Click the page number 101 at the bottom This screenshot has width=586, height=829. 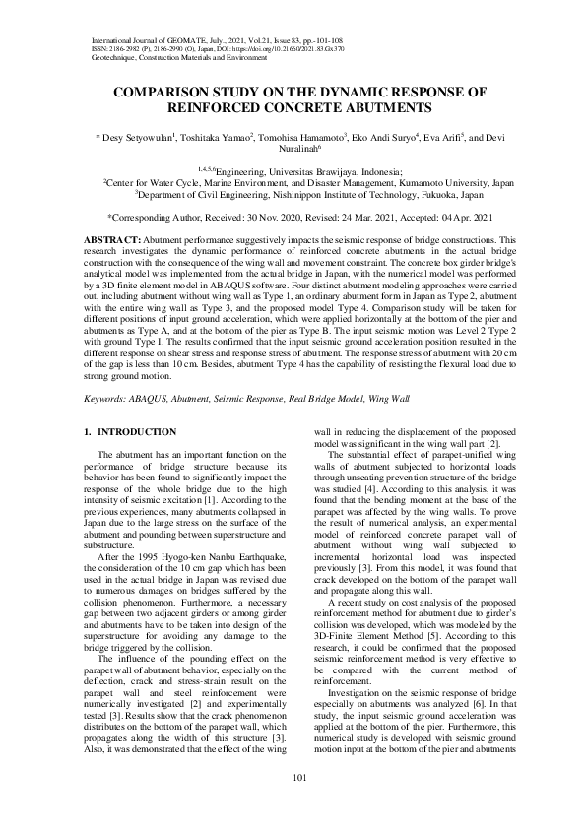tap(293, 778)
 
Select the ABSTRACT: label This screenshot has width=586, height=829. tap(109, 239)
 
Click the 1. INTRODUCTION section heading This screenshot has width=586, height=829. tap(130, 432)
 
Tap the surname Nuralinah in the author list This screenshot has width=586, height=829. tap(293, 153)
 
